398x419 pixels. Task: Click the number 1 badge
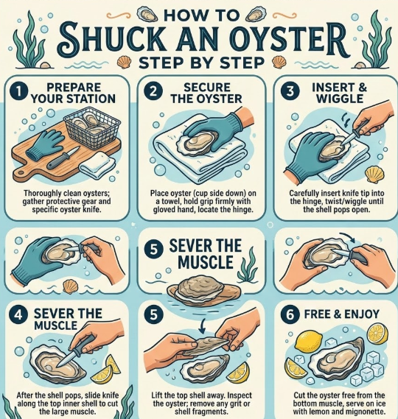[19, 91]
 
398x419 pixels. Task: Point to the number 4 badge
[18, 314]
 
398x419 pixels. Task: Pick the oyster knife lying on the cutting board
[63, 158]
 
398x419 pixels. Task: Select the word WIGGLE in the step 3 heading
[340, 99]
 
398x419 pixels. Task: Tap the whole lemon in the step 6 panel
[308, 342]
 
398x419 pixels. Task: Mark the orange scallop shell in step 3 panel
[375, 175]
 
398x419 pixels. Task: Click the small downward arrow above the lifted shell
[202, 325]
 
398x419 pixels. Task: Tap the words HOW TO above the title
[201, 15]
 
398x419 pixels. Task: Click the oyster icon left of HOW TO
[147, 15]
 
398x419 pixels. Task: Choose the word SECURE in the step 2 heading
[207, 88]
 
